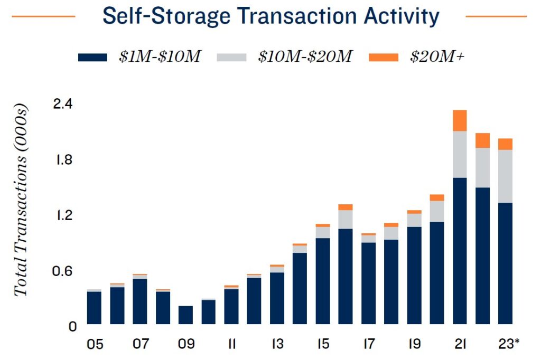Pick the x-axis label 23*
[x=508, y=344]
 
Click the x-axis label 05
[x=95, y=344]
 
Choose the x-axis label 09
[x=186, y=344]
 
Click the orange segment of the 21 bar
[x=460, y=120]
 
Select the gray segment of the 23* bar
[x=506, y=176]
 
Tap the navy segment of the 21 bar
[x=460, y=251]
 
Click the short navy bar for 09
[x=186, y=315]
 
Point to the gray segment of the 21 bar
[x=460, y=154]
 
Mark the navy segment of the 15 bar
[x=323, y=281]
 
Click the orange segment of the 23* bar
[x=506, y=144]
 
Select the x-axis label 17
[x=368, y=344]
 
